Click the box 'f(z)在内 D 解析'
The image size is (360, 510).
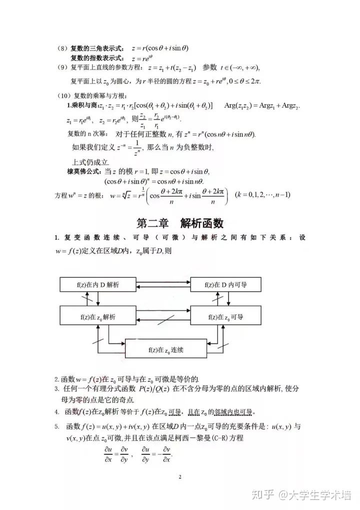point(97,284)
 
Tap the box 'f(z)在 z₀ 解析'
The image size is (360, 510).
point(97,317)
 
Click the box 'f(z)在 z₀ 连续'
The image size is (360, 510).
point(166,349)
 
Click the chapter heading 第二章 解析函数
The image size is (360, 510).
point(180,223)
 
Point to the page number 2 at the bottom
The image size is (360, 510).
point(179,476)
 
